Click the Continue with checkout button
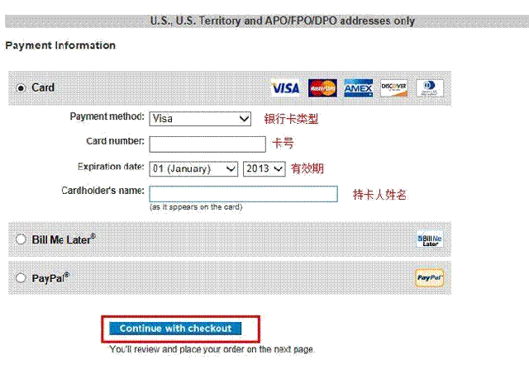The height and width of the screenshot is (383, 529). tap(175, 329)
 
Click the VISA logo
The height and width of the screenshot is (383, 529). tap(285, 87)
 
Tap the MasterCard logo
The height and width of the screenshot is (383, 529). tap(322, 87)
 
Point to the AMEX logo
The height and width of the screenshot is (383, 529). tap(359, 87)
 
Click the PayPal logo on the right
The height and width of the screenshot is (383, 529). tap(429, 278)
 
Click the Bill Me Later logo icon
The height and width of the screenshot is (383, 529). tap(430, 239)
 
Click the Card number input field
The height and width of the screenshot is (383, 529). tap(207, 144)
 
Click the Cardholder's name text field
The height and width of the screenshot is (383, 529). tap(243, 194)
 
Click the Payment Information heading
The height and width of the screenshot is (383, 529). tap(60, 45)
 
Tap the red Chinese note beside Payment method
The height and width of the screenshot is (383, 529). tap(291, 119)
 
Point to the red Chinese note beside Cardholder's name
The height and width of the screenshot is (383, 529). tap(379, 195)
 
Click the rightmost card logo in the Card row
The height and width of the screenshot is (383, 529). tap(430, 87)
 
